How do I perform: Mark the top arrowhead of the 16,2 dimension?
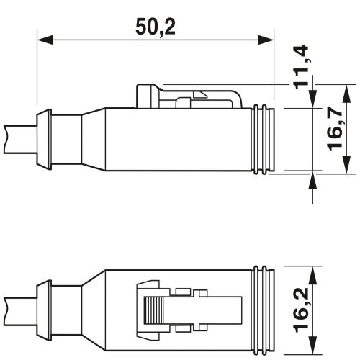312,273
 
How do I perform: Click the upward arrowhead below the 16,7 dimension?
312,179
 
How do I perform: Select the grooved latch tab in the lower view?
151,314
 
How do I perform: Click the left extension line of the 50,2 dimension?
36,72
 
